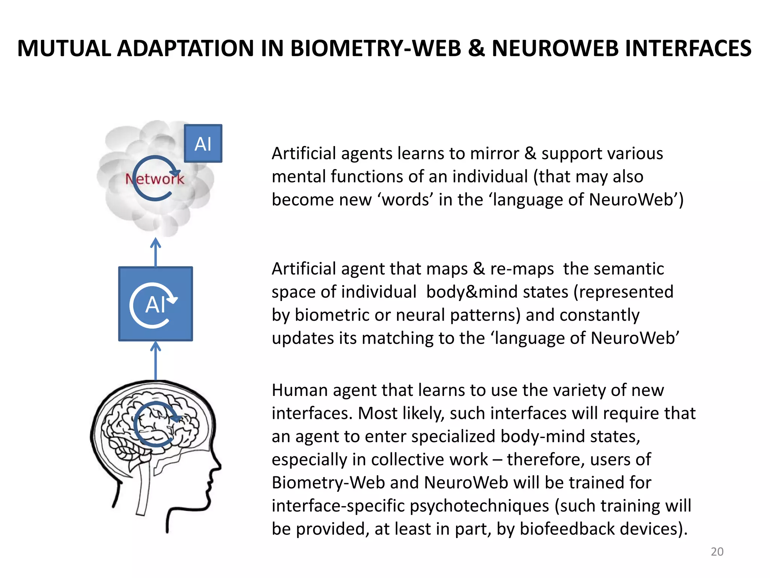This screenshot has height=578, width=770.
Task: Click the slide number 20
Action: [x=717, y=552]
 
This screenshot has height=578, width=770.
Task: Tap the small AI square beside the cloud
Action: [x=203, y=143]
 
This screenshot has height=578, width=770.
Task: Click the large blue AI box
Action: [x=155, y=304]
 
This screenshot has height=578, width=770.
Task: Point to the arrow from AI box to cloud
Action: [x=156, y=252]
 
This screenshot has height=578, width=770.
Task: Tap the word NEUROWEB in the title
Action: [x=552, y=49]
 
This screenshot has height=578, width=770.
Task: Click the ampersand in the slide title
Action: [x=476, y=49]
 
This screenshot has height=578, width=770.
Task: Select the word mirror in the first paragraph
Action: [x=494, y=154]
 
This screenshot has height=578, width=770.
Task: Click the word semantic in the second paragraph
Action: [x=613, y=269]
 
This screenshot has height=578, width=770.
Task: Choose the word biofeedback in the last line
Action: [x=567, y=529]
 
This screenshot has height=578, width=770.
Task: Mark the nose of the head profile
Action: [x=217, y=467]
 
